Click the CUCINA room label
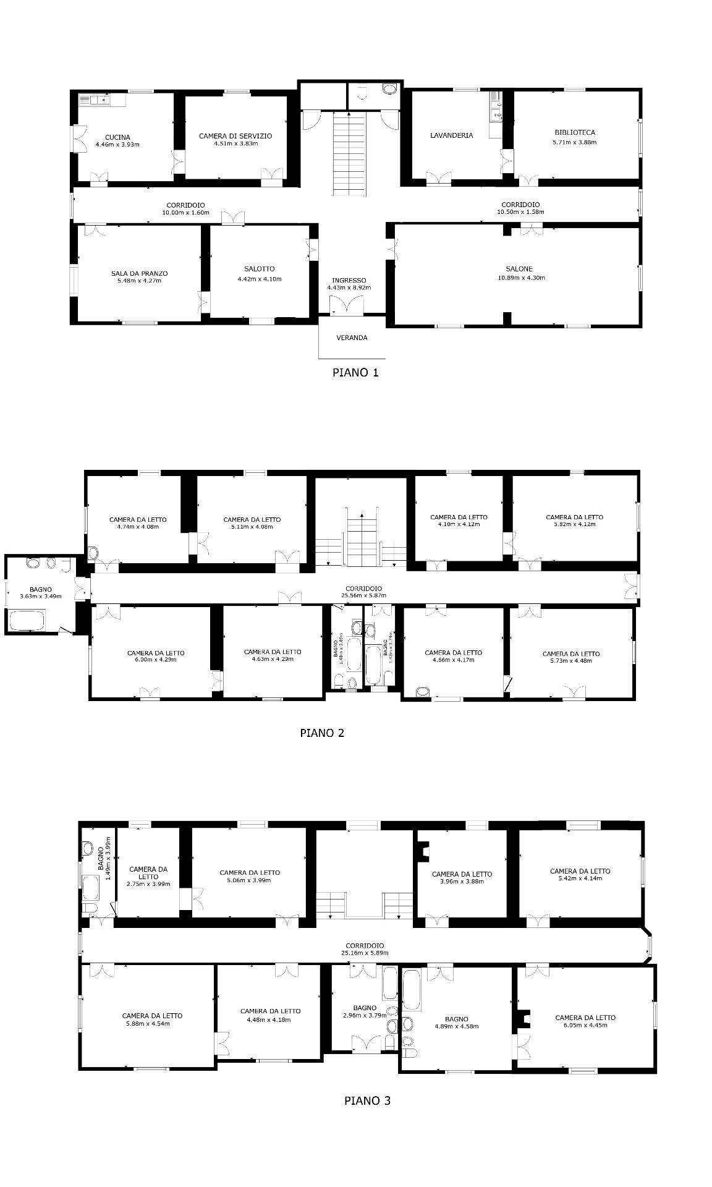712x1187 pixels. click(117, 137)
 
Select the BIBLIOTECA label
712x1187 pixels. click(574, 132)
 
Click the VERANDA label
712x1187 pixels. click(352, 338)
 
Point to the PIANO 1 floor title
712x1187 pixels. click(355, 373)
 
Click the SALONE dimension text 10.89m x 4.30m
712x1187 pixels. click(521, 278)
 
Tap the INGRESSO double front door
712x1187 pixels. click(346, 305)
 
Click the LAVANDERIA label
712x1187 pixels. click(451, 135)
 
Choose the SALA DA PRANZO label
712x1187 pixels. click(139, 273)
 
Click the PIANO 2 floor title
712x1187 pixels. click(321, 733)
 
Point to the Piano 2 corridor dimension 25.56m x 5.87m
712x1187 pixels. click(363, 596)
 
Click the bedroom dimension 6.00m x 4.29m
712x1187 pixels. click(156, 660)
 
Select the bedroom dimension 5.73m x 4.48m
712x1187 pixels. click(570, 660)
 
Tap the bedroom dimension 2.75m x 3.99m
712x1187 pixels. click(148, 883)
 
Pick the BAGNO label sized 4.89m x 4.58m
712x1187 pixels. click(456, 1019)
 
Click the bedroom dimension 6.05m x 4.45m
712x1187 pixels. click(585, 1024)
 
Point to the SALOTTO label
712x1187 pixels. click(259, 269)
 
